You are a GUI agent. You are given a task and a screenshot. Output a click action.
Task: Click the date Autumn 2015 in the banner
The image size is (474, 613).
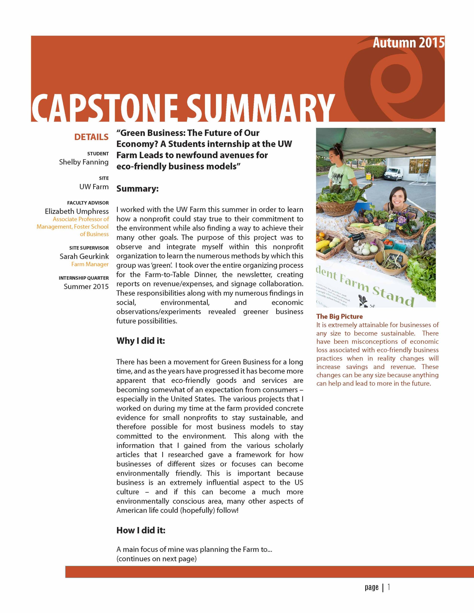[x=408, y=43]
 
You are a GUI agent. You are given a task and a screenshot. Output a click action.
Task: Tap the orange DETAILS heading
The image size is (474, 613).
[x=91, y=137]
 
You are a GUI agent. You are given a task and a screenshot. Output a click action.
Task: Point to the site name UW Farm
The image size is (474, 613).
[x=94, y=187]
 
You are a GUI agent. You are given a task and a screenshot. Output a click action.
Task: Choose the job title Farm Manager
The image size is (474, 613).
[x=90, y=264]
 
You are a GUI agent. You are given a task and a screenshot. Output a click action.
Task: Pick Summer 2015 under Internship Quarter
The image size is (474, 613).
[x=86, y=286]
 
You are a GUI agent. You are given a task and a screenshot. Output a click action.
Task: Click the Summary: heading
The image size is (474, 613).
[x=137, y=189]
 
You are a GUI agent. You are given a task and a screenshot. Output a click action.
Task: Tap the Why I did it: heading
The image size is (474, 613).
[x=140, y=341]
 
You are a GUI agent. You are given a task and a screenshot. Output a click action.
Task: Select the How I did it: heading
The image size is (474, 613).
[x=141, y=530]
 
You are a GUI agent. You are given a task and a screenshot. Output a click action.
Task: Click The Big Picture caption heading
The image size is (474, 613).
[x=339, y=316]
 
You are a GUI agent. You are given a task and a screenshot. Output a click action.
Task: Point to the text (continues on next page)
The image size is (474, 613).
[x=156, y=559]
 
